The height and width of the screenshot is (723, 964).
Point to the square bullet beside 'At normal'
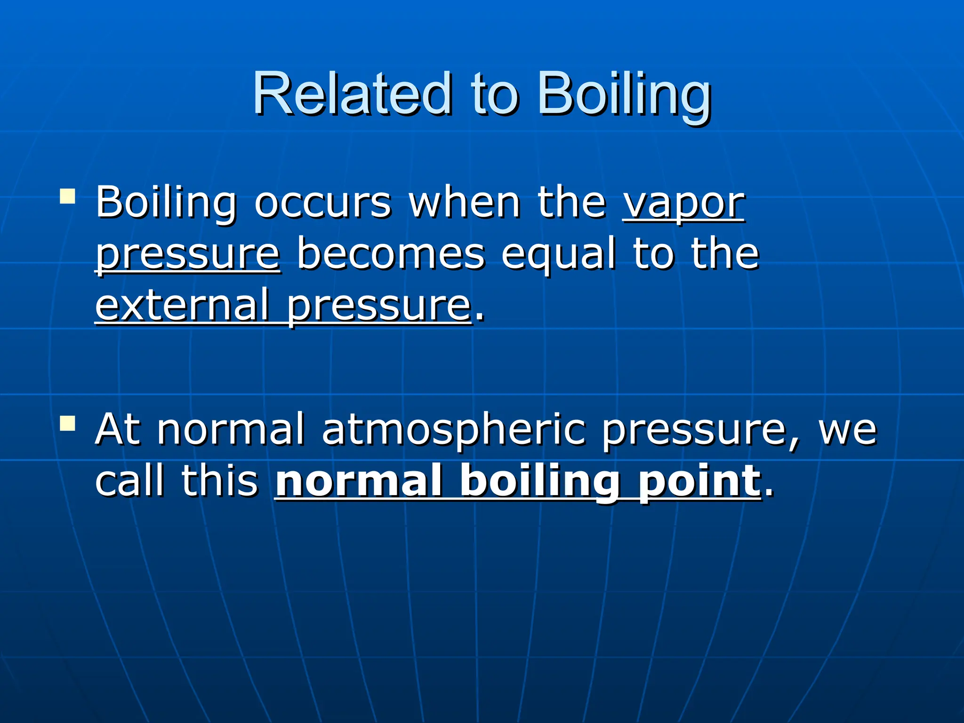click(68, 423)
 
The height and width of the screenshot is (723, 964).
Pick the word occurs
click(322, 202)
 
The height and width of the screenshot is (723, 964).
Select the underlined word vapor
click(684, 203)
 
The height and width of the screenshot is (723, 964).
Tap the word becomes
click(390, 254)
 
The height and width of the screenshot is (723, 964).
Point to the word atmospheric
click(454, 429)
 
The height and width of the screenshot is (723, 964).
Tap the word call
click(130, 480)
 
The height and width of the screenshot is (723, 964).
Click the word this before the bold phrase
click(219, 480)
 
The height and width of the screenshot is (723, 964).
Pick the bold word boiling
click(539, 481)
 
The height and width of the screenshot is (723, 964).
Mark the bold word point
click(699, 481)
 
